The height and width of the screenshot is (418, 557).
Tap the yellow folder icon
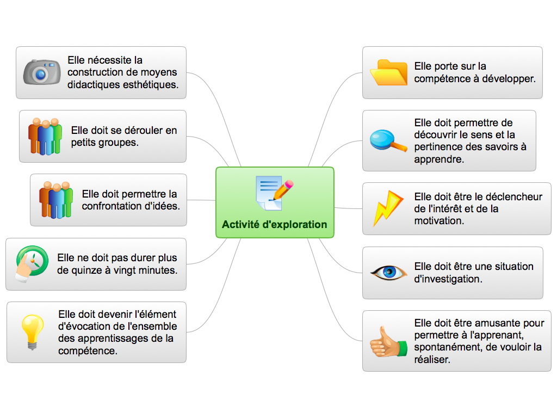coord(388,72)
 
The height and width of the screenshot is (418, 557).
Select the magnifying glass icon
coord(388,140)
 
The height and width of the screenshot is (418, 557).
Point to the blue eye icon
coord(388,272)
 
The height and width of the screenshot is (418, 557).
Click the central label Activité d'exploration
coord(275,224)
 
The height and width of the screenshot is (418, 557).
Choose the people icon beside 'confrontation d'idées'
coord(56,200)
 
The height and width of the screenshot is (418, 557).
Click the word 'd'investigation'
coord(448,279)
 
